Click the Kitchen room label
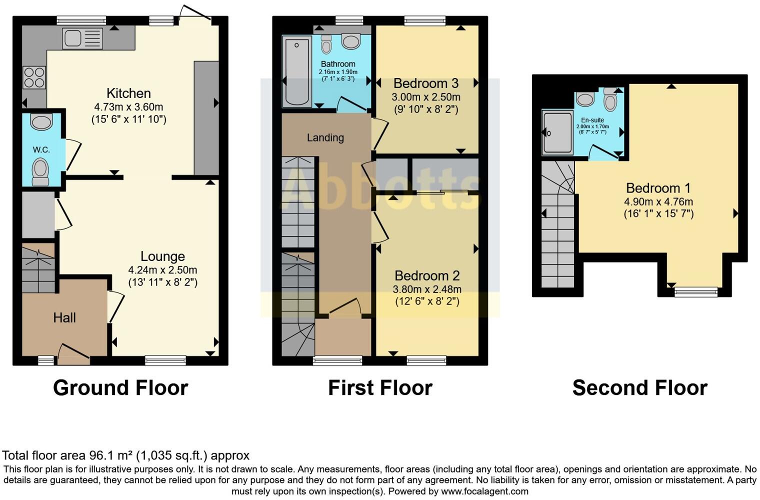point(128,93)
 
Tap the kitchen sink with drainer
point(82,38)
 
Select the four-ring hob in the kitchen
point(34,77)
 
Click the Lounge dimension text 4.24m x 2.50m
point(162,270)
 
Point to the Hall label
point(64,317)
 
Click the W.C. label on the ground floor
point(41,149)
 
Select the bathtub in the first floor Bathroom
point(296,71)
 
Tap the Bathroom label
point(338,64)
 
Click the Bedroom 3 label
point(426,83)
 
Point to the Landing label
point(325,137)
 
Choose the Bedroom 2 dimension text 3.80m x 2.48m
point(427,289)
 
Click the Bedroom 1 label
point(658,188)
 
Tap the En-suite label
point(592,120)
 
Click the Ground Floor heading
point(120,388)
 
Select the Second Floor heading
point(639,388)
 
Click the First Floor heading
point(380,388)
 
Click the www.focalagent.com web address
point(484,491)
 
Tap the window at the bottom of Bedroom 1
point(696,291)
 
